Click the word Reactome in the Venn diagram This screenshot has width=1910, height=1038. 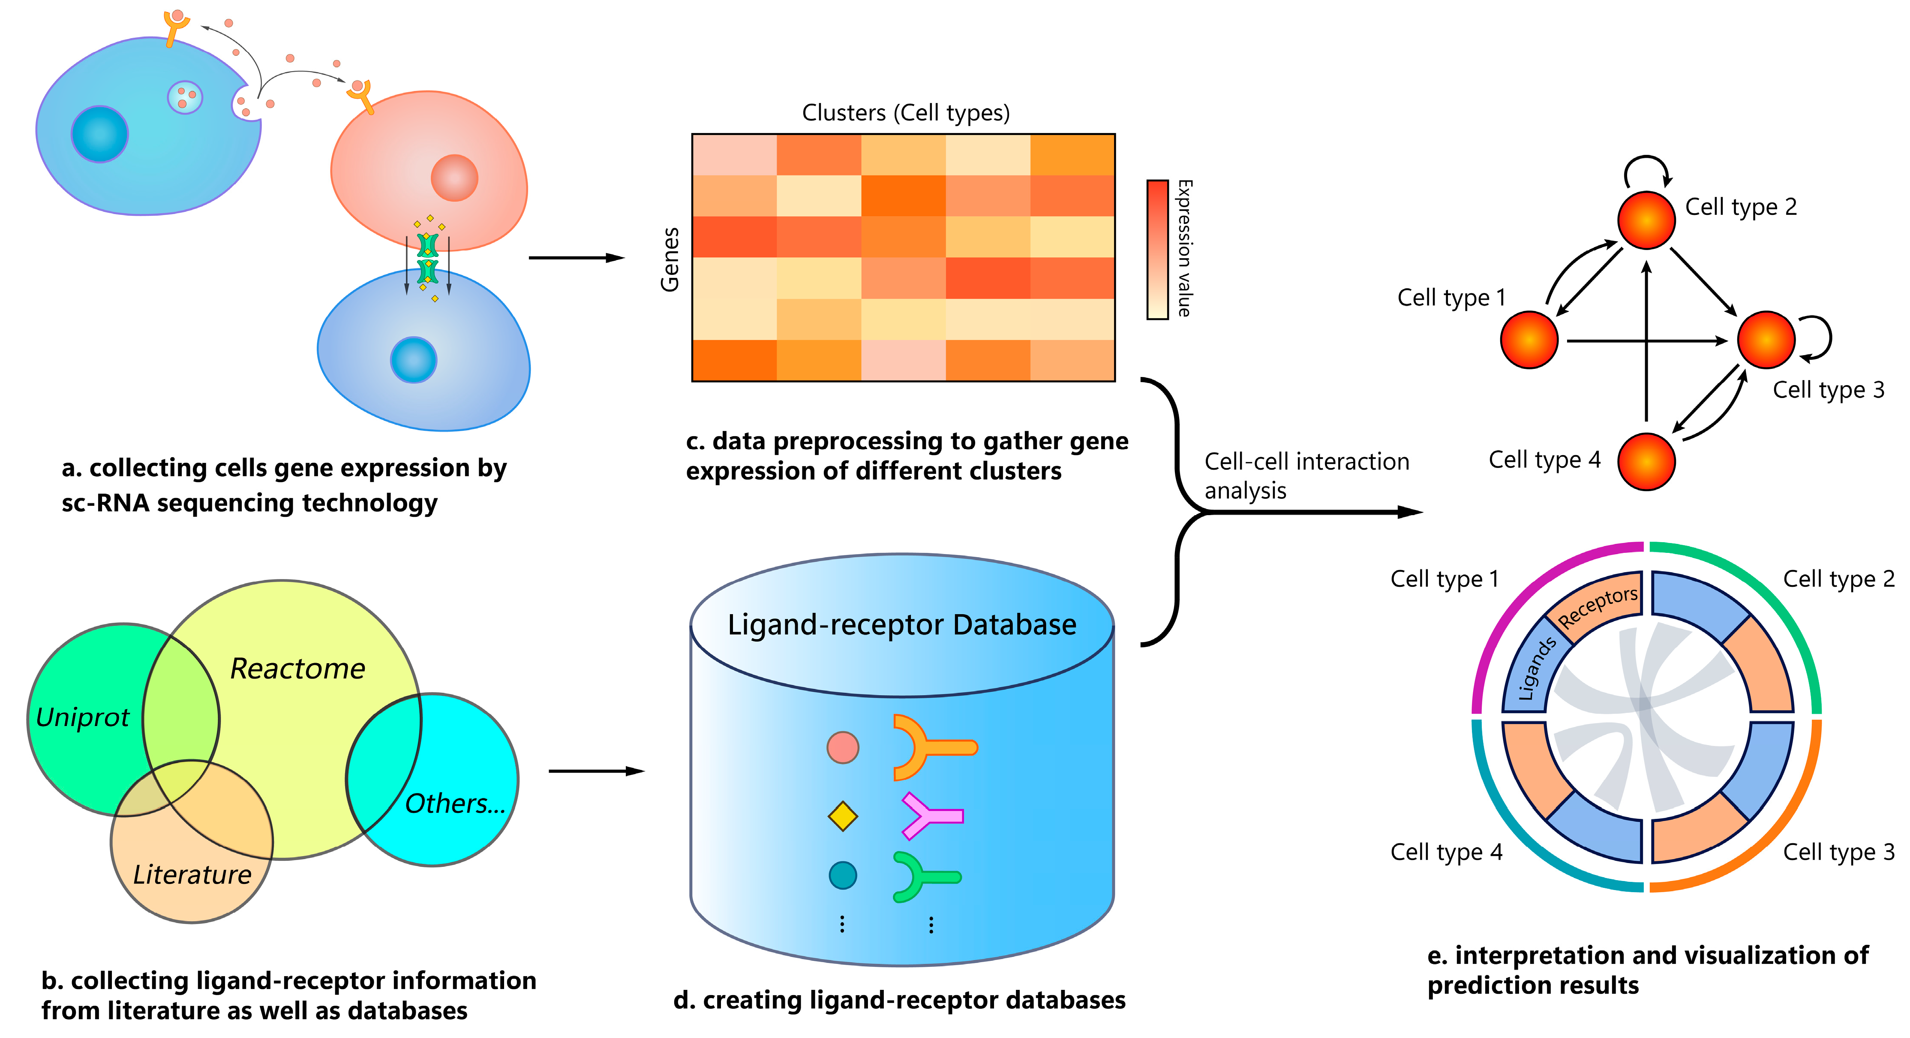click(297, 669)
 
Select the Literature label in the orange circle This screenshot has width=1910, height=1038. click(192, 875)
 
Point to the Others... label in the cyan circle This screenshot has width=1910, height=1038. click(454, 803)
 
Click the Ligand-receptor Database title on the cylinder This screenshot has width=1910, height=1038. click(901, 625)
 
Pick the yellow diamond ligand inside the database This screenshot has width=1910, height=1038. click(842, 816)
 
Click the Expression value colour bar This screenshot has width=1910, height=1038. click(1157, 249)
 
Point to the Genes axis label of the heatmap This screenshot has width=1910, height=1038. click(670, 259)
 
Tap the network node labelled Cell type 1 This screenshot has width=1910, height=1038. click(1529, 340)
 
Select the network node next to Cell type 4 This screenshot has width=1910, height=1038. click(1646, 462)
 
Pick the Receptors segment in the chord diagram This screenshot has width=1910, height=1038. click(1596, 605)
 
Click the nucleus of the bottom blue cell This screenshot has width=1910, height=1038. click(414, 360)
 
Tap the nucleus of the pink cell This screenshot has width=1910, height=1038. click(454, 178)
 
